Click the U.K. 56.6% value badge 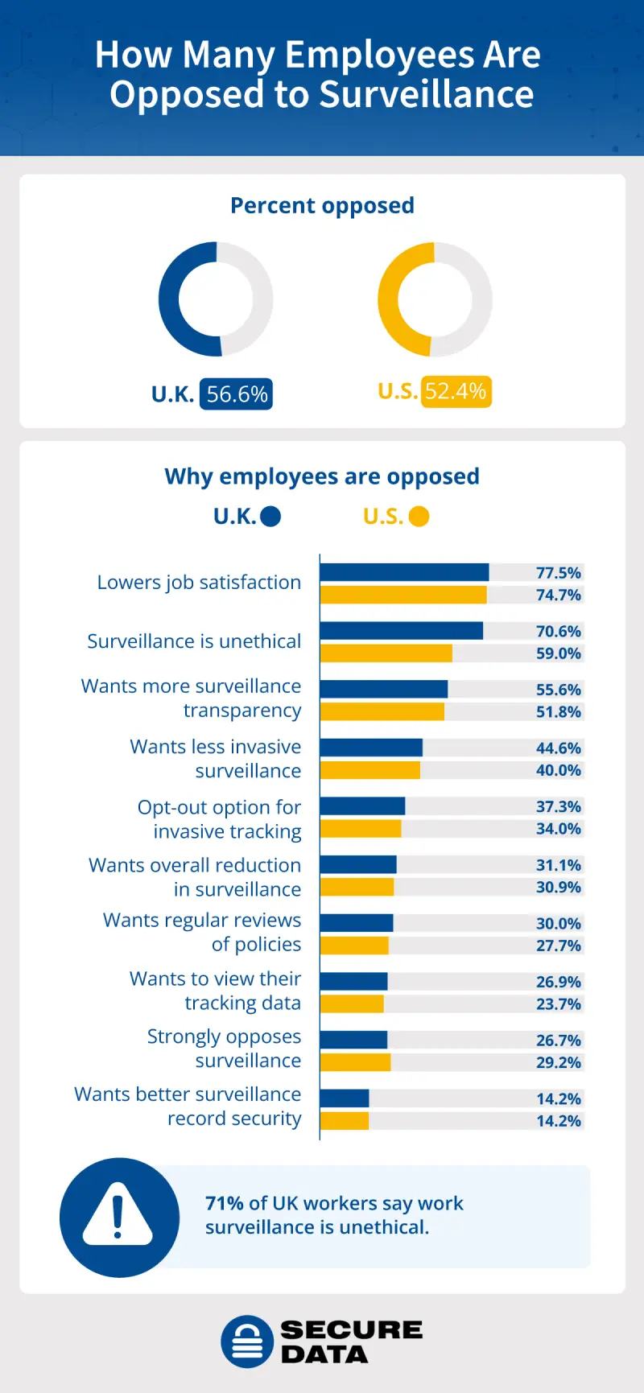tap(236, 394)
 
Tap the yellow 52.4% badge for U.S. tap(456, 392)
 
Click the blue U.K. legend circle tap(270, 517)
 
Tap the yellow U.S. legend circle tap(419, 517)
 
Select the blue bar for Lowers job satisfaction tap(404, 572)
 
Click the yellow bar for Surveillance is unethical tap(386, 653)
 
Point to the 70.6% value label tap(558, 631)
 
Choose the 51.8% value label tap(558, 711)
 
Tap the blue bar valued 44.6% tap(371, 748)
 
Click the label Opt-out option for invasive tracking tap(220, 819)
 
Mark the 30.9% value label tap(558, 887)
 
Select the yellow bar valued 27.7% tap(354, 945)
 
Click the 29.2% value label tap(558, 1062)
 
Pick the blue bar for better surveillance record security tap(345, 1098)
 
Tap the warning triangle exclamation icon tap(118, 1216)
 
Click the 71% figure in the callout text tap(224, 1203)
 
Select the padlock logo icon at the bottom tap(247, 1341)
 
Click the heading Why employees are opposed tap(322, 476)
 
